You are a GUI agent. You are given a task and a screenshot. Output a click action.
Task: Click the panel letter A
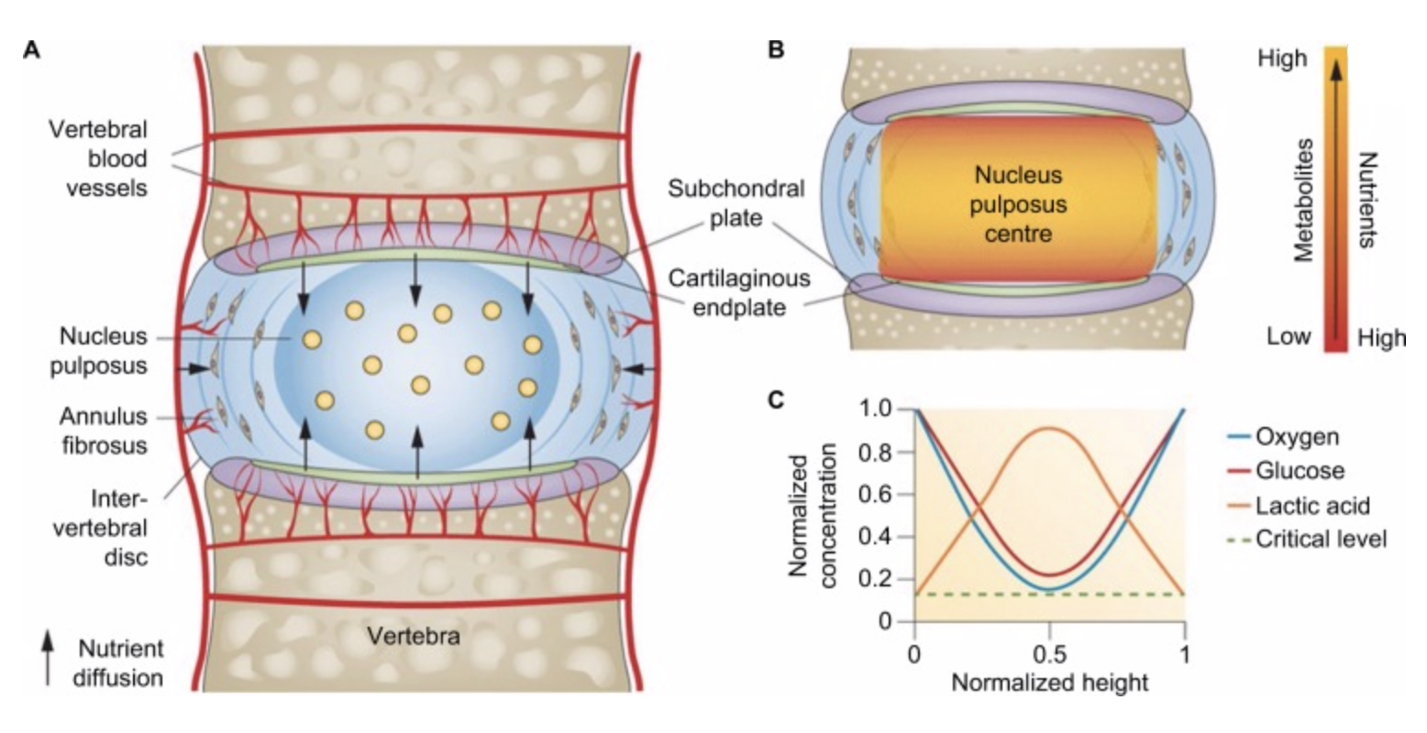coord(31,50)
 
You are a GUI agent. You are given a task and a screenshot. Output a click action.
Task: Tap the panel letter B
coord(776,50)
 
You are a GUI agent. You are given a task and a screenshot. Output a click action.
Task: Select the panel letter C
coord(776,400)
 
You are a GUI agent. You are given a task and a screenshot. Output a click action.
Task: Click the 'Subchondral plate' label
coord(736,204)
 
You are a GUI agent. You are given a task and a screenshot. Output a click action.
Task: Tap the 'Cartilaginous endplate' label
coord(739,291)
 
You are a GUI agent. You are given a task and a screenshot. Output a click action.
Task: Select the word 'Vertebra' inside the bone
coord(413,636)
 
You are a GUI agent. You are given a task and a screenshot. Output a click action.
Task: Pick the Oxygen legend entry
coord(1297,436)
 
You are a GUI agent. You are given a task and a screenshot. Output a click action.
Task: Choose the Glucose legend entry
coord(1300,470)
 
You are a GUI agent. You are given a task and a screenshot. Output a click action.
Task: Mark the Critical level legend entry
coord(1320,538)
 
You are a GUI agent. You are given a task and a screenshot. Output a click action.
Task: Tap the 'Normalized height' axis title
coord(1049,683)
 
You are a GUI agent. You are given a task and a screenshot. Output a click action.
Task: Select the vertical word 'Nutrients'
coord(1366,200)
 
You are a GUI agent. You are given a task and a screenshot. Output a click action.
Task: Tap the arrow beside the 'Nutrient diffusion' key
coord(47,656)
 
